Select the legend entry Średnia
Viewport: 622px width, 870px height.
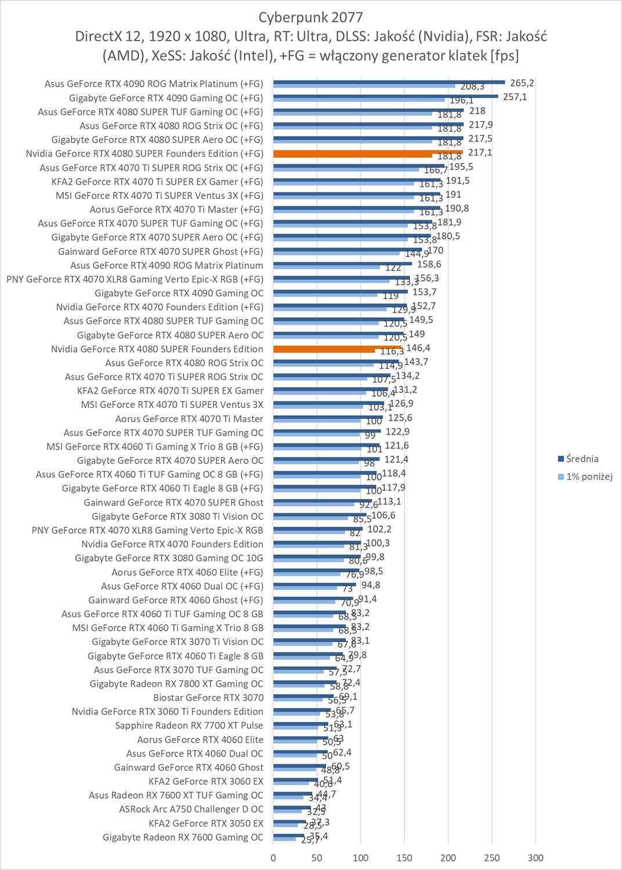583,459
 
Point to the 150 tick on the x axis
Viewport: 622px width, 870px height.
404,858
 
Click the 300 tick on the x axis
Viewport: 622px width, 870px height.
536,858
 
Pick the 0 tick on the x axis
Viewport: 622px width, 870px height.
273,858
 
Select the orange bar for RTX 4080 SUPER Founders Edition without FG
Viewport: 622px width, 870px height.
337,348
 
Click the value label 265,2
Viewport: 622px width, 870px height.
522,83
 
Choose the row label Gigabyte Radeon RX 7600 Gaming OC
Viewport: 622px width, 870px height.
183,837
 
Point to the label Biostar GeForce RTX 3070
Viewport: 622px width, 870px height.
208,697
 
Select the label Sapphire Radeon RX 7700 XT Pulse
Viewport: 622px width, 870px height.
189,725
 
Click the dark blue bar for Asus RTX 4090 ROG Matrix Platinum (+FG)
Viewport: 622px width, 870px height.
389,82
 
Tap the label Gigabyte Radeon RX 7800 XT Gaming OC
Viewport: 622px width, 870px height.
176,683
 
